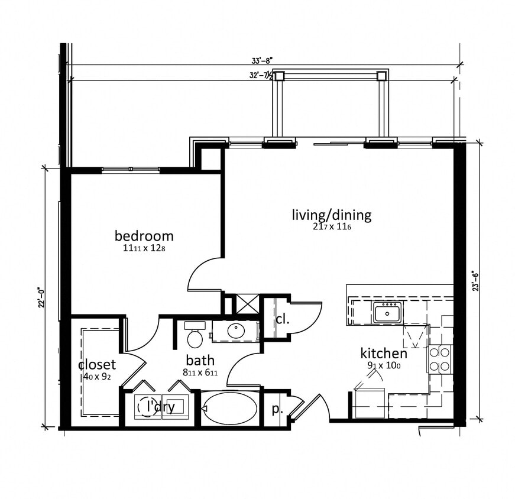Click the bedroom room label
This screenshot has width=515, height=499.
point(144,236)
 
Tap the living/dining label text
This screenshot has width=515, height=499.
point(331,214)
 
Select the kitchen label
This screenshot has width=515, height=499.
point(384,353)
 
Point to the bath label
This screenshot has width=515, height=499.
point(200,360)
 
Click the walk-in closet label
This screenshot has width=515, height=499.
point(97,364)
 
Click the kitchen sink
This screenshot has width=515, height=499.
point(387,312)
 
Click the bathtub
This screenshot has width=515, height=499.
point(229,408)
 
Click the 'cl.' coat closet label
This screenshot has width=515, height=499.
point(281,319)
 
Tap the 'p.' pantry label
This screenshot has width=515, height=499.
point(276,409)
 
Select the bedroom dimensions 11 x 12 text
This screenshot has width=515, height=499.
point(144,249)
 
